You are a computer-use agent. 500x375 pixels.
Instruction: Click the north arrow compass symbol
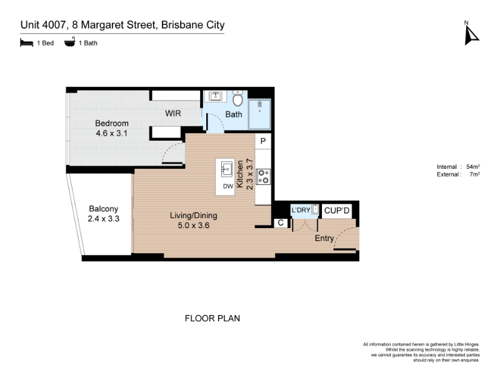pos(471,35)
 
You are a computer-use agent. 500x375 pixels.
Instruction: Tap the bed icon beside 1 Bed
pos(26,42)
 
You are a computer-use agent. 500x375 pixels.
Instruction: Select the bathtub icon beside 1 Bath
pos(69,42)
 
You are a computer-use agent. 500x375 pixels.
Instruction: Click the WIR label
pos(173,113)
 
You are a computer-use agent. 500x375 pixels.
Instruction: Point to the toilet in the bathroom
pos(237,99)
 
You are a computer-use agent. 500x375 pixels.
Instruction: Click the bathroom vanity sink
pos(216,96)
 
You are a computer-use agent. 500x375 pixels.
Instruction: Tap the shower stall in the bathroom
pos(259,114)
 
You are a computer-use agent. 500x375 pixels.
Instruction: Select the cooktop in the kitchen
pos(263,177)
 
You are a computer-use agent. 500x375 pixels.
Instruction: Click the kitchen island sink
pos(227,169)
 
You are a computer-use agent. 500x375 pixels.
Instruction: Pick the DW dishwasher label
pos(228,186)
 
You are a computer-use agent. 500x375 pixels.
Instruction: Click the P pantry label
pos(263,141)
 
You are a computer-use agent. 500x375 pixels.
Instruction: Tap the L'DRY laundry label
pos(301,210)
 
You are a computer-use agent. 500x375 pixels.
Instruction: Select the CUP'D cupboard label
pos(337,211)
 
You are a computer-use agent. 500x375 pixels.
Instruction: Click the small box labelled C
pos(281,222)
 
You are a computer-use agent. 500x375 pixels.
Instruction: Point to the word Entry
pos(324,238)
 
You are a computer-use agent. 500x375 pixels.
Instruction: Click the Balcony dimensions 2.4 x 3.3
pos(103,219)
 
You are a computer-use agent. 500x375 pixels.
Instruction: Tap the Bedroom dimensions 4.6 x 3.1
pos(112,133)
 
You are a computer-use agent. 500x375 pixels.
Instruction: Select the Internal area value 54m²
pos(473,166)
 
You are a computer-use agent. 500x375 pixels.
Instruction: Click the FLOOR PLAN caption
pos(212,318)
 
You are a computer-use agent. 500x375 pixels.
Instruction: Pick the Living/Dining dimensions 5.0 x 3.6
pos(194,226)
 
